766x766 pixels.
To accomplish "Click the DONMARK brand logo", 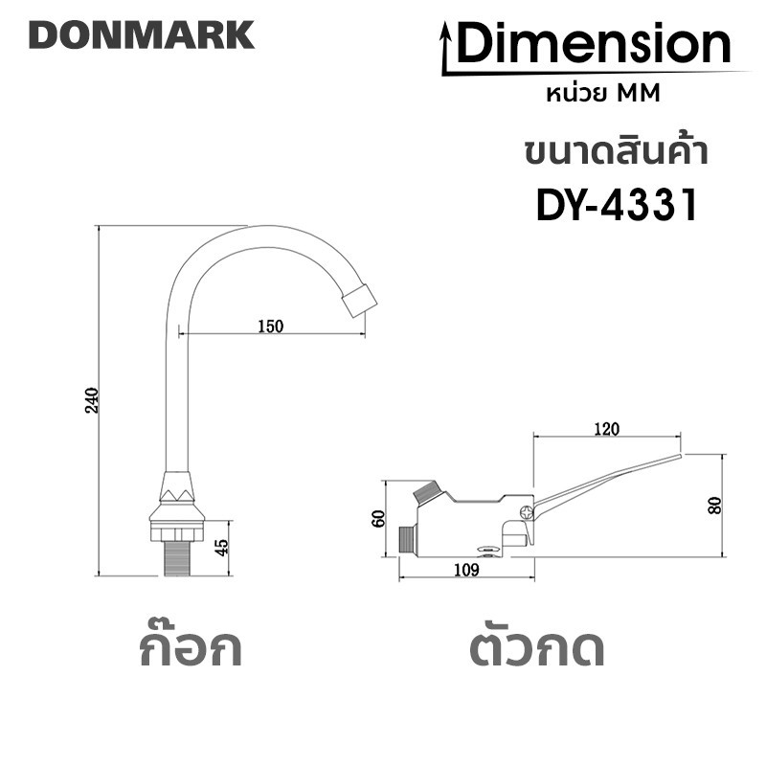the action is (x=142, y=34).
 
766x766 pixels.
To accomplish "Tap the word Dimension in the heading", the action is (x=593, y=44).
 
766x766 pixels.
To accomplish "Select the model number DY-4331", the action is (x=617, y=206).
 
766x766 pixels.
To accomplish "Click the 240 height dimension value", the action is (x=92, y=400).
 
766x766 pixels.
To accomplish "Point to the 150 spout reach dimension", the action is (x=271, y=326).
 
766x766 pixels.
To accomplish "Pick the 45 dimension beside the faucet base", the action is (x=221, y=547).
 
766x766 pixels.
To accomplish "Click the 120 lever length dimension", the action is (x=607, y=428).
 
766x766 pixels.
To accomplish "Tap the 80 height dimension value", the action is (x=714, y=506).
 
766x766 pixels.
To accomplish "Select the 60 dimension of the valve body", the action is (x=378, y=518).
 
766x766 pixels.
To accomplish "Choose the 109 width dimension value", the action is (x=466, y=570).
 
